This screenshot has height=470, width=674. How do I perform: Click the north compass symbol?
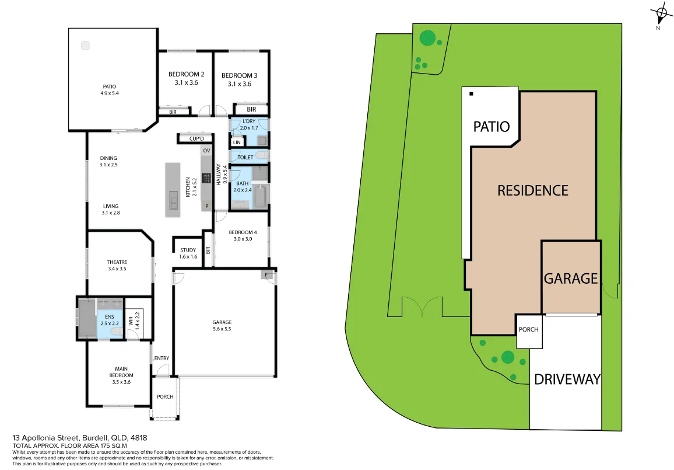(661, 14)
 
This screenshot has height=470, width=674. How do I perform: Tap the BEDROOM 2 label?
(186, 74)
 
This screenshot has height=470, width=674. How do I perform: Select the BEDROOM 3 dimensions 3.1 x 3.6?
(239, 84)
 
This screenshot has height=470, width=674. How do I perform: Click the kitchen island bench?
(173, 190)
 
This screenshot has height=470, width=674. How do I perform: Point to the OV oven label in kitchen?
(206, 151)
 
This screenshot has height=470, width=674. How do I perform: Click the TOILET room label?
(245, 157)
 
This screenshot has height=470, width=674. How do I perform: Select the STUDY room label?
(188, 250)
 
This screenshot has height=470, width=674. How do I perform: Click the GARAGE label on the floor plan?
(222, 322)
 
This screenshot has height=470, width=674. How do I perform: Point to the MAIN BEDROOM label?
(121, 371)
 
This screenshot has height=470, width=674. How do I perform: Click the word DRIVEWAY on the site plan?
(567, 380)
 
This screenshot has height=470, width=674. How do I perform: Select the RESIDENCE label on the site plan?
(532, 190)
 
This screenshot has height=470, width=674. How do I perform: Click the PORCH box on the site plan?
(529, 329)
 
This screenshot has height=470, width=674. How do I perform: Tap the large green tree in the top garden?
(428, 39)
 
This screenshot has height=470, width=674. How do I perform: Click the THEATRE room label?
(117, 262)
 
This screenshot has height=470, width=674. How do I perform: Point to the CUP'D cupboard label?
(196, 138)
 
